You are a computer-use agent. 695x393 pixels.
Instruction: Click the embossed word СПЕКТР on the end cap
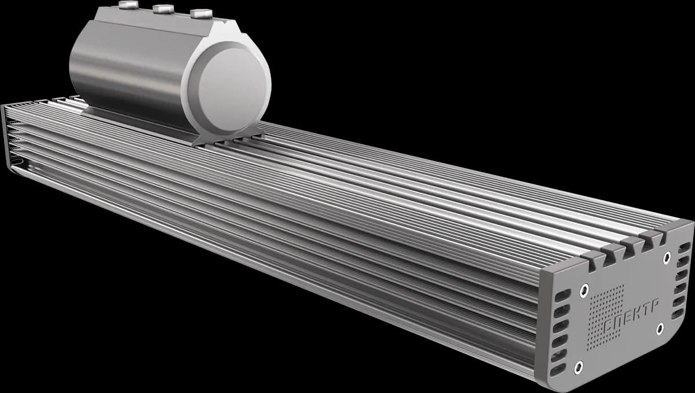pyautogui.click(x=631, y=316)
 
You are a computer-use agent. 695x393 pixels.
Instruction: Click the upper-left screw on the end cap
pyautogui.click(x=584, y=290)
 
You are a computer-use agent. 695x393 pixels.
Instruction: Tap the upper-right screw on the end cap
pyautogui.click(x=667, y=258)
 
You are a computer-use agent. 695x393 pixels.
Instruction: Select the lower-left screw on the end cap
pyautogui.click(x=579, y=367)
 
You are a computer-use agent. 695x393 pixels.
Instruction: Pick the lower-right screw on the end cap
pyautogui.click(x=660, y=329)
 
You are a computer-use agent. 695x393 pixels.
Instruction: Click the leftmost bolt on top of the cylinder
pyautogui.click(x=129, y=5)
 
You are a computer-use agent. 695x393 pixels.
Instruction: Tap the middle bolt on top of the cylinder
pyautogui.click(x=163, y=9)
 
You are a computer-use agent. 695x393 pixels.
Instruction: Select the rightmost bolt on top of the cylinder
pyautogui.click(x=202, y=14)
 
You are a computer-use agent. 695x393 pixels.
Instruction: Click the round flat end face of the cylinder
pyautogui.click(x=234, y=90)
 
